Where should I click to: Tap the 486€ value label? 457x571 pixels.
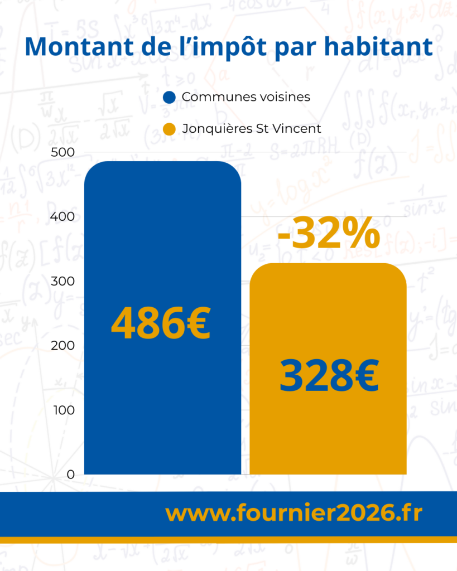(x=161, y=324)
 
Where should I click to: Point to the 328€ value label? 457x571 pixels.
(x=329, y=376)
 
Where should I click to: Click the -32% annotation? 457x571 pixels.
(x=328, y=235)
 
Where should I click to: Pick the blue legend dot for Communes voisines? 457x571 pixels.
(x=170, y=98)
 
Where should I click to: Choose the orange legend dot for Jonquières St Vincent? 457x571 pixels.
(x=170, y=129)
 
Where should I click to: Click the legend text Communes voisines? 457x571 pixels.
(x=246, y=97)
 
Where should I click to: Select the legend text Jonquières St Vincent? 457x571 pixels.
(x=252, y=129)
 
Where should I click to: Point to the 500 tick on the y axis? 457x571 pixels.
(x=63, y=153)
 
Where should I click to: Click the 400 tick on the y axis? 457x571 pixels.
(x=63, y=217)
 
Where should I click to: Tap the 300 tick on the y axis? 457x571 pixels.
(x=63, y=281)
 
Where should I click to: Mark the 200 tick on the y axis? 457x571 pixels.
(x=63, y=346)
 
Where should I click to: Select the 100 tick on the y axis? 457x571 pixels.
(x=63, y=410)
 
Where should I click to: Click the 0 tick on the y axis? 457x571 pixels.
(x=71, y=474)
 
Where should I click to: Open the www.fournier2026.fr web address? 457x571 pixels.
(x=294, y=514)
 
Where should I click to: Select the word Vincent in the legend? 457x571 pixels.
(x=301, y=129)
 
